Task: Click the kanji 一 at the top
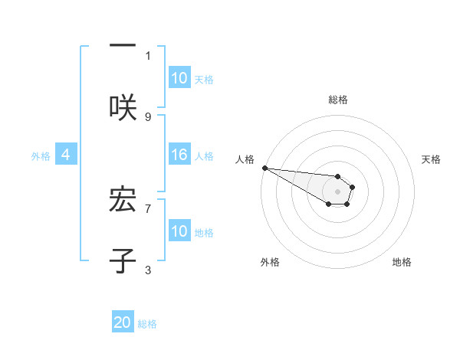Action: tap(123, 46)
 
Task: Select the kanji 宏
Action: tap(123, 198)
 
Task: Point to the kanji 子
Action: tap(123, 260)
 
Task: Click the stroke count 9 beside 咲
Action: tap(148, 116)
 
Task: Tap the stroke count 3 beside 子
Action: tap(148, 270)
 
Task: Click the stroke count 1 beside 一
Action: tap(148, 55)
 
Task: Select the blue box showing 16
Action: tap(179, 155)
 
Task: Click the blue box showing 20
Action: tap(123, 323)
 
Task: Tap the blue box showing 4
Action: tap(66, 155)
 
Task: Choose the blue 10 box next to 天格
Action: tap(179, 78)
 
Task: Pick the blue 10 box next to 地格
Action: tap(179, 231)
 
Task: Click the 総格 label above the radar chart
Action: tap(338, 100)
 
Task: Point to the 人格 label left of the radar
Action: tap(244, 159)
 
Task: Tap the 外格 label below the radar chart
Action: tap(270, 262)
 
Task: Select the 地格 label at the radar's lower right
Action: tap(402, 262)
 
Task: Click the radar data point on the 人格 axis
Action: tap(264, 168)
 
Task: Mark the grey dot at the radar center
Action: tap(338, 191)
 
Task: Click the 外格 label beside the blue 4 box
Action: tap(41, 155)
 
